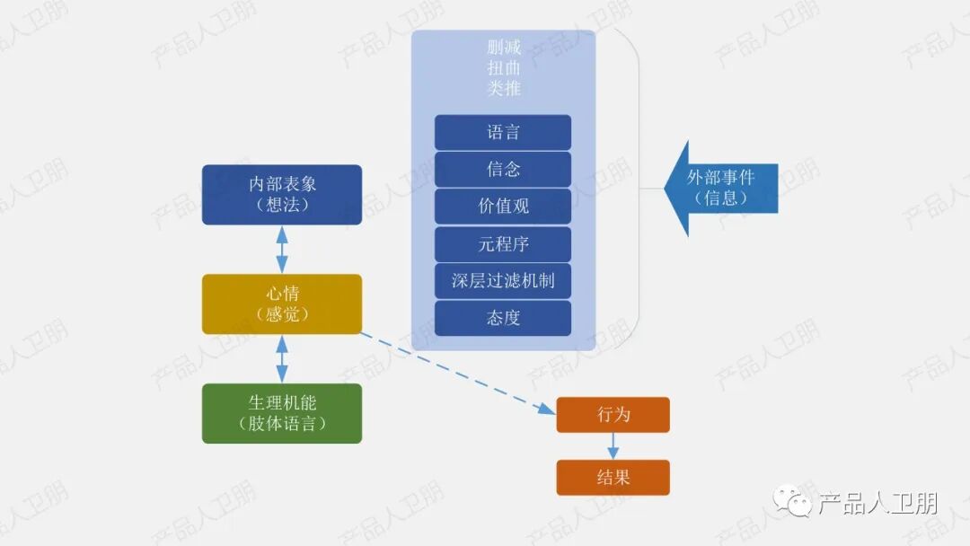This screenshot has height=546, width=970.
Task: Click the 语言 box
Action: coord(503,133)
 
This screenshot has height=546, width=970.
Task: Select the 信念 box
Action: coord(503,170)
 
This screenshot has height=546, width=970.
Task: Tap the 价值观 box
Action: coord(503,207)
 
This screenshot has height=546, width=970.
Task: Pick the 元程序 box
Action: coord(503,244)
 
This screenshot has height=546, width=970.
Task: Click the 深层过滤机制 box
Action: coord(503,281)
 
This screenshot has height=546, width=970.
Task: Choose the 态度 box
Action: coord(503,318)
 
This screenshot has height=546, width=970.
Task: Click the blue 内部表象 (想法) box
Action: coord(282,194)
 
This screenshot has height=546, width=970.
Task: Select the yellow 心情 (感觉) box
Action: coord(282,304)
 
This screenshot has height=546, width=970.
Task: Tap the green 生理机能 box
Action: coord(282,413)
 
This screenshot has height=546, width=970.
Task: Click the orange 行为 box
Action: coord(613,415)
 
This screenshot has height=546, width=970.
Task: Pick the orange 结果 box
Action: coord(613,478)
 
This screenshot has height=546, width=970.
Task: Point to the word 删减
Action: coord(504,48)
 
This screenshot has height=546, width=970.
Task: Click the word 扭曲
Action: coord(504,68)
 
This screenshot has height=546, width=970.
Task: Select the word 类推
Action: coord(504,89)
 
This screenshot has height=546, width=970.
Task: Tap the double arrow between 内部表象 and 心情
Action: coord(282,249)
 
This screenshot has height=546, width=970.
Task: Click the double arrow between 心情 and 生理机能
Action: coord(282,359)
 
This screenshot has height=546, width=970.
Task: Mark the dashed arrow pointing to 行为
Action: coord(458,374)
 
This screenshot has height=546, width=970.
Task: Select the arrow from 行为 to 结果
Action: coord(613,446)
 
